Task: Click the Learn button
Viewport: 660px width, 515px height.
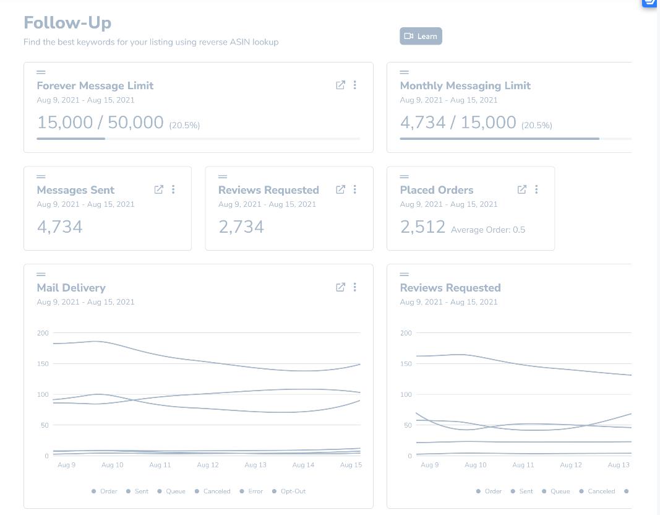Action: pos(421,37)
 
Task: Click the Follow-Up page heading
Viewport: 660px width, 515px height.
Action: pos(67,23)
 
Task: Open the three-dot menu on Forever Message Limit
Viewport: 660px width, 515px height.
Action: pos(355,85)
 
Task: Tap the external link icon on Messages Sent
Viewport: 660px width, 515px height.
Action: pos(159,189)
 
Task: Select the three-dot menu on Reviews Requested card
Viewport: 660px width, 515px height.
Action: pos(355,189)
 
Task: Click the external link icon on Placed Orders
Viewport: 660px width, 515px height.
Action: pos(522,189)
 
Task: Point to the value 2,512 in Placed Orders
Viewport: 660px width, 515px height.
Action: pos(422,227)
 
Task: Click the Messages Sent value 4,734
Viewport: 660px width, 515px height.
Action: pos(60,227)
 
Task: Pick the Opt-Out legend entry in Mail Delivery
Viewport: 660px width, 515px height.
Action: pos(289,491)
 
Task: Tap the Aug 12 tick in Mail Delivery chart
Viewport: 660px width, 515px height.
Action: pos(208,465)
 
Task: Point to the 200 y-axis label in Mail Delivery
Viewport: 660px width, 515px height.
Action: pos(43,333)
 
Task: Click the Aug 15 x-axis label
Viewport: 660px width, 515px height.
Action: pos(351,465)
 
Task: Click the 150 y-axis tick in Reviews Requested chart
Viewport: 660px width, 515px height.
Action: pos(406,364)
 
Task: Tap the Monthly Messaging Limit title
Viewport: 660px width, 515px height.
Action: pos(465,86)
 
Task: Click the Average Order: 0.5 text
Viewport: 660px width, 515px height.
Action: pos(488,230)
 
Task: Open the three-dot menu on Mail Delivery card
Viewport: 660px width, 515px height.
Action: pos(355,287)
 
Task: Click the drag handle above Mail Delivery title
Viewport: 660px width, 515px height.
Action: pos(41,274)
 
